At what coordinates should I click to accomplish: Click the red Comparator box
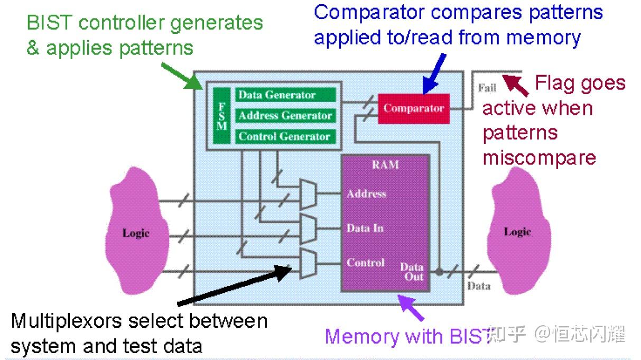(413, 108)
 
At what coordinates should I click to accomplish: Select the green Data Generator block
(285, 95)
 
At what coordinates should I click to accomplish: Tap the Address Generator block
(285, 116)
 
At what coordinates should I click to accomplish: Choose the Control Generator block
(285, 136)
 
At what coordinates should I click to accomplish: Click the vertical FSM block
(222, 116)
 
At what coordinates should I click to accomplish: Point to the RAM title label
(385, 165)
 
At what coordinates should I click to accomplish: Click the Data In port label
(365, 228)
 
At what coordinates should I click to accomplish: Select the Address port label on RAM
(366, 194)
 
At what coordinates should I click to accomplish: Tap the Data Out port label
(412, 272)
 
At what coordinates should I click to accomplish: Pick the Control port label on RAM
(365, 262)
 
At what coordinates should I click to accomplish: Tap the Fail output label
(487, 88)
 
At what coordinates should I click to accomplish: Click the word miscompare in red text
(539, 158)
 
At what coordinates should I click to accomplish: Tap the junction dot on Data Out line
(439, 272)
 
